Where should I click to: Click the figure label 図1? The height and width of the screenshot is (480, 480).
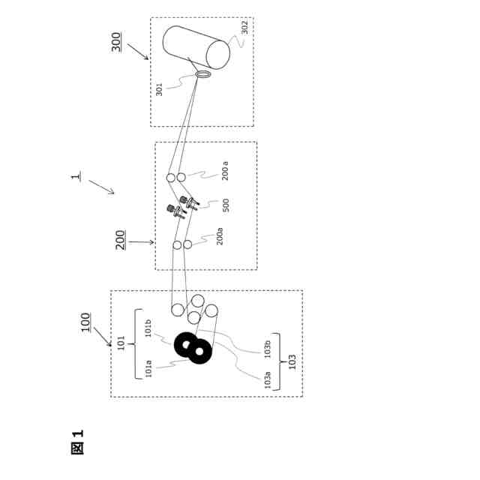[77, 442]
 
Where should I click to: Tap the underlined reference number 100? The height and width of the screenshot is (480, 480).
[85, 322]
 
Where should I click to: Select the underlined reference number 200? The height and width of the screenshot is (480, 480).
[121, 239]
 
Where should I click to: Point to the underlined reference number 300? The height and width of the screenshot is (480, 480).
[116, 41]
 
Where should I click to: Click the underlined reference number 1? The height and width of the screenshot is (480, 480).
[76, 177]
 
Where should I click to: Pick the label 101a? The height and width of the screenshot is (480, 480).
[148, 368]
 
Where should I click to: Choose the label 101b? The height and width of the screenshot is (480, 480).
[148, 328]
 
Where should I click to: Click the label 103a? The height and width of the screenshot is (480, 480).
[267, 379]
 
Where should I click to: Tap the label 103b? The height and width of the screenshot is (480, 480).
[267, 348]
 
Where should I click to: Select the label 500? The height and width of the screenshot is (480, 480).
[226, 205]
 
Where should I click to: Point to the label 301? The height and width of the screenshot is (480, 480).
[159, 89]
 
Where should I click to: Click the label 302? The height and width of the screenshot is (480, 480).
[244, 27]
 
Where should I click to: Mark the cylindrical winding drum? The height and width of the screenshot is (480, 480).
[196, 46]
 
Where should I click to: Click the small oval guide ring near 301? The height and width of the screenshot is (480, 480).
[203, 74]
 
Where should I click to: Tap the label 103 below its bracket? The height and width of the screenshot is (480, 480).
[292, 362]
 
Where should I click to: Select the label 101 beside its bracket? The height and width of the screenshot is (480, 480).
[121, 343]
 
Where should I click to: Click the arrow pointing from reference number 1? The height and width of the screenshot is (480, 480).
[101, 186]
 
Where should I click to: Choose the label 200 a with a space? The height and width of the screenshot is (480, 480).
[225, 171]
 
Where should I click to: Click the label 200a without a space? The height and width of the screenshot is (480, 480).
[220, 235]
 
